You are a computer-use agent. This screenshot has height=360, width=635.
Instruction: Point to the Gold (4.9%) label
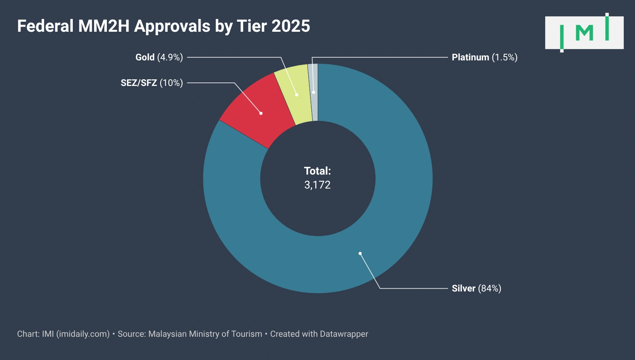pyautogui.click(x=159, y=57)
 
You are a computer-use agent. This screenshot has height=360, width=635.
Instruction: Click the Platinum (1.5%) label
pyautogui.click(x=484, y=57)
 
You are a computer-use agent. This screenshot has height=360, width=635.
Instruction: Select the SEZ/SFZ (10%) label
pyautogui.click(x=151, y=83)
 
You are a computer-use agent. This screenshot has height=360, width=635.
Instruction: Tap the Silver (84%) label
pyautogui.click(x=476, y=288)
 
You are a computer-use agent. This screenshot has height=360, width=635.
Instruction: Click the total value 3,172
pyautogui.click(x=317, y=185)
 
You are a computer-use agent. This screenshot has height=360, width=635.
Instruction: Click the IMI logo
pyautogui.click(x=584, y=33)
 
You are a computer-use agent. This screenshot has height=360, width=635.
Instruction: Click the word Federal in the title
pyautogui.click(x=45, y=26)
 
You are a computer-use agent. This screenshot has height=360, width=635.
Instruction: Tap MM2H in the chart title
pyautogui.click(x=104, y=26)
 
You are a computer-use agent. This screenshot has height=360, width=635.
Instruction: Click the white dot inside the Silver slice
pyautogui.click(x=360, y=254)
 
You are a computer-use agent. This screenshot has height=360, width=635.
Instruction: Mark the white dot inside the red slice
pyautogui.click(x=261, y=113)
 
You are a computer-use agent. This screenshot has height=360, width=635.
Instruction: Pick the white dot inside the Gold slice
pyautogui.click(x=297, y=94)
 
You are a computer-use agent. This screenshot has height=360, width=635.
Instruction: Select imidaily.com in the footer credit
pyautogui.click(x=83, y=334)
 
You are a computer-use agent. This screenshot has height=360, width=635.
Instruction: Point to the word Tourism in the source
pyautogui.click(x=247, y=334)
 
